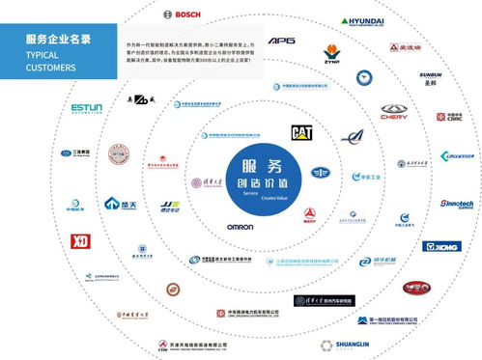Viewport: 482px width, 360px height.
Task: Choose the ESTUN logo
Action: point(93,111)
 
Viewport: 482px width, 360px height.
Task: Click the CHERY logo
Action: point(395,113)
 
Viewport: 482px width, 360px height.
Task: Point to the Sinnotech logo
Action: point(457,206)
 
